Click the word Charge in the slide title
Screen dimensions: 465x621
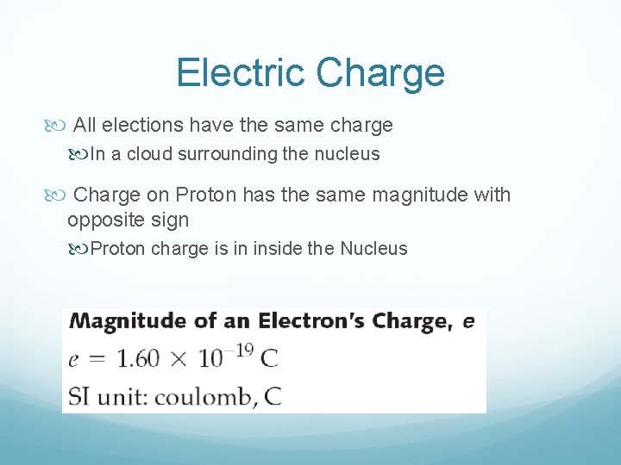tap(380, 73)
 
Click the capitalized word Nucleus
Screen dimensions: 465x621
tap(373, 249)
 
